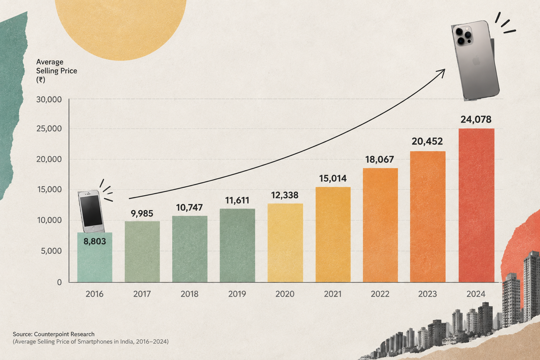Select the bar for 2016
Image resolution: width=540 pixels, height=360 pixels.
click(x=95, y=257)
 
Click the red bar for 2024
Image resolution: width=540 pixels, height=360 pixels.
click(x=476, y=205)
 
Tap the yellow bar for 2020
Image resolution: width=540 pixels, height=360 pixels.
click(x=285, y=243)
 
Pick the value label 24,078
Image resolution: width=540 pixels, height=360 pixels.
click(x=476, y=120)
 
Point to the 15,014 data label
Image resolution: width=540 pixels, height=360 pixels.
click(x=333, y=179)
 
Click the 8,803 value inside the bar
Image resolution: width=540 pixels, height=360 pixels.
click(x=95, y=242)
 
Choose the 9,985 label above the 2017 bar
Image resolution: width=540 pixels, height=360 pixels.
click(x=142, y=214)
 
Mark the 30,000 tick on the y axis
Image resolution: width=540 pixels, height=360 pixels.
click(x=49, y=99)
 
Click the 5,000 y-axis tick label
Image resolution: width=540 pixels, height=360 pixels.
click(x=51, y=251)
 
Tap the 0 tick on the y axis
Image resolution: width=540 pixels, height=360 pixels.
click(x=59, y=282)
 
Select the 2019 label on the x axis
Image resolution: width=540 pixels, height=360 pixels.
click(x=237, y=294)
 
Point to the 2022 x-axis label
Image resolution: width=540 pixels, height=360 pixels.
click(x=380, y=294)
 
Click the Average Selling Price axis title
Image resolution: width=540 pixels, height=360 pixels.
click(x=57, y=71)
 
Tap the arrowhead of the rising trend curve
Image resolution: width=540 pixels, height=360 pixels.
click(x=442, y=72)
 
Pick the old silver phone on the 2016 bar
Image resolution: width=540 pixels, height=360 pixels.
click(x=91, y=212)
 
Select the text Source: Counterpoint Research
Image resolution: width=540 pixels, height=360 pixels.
click(x=53, y=334)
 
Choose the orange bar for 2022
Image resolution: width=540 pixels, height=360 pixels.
click(x=380, y=225)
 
